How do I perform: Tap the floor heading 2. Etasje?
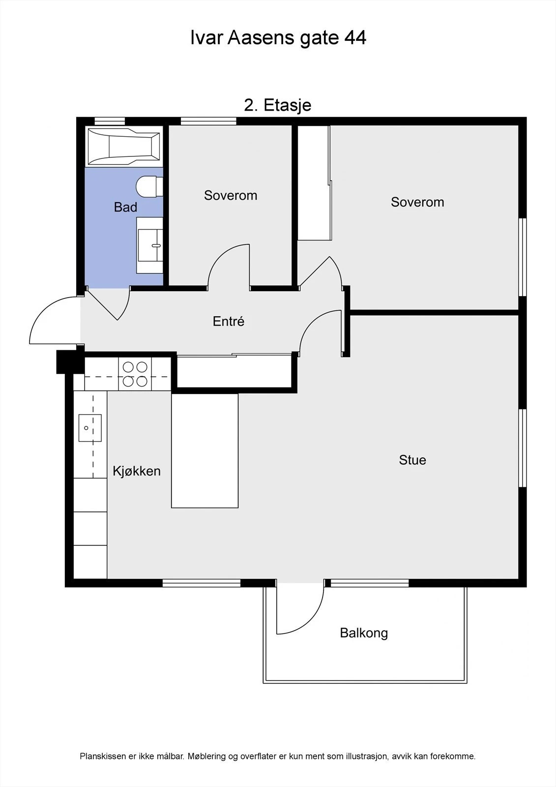[x=278, y=105]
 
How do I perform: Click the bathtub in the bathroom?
[x=123, y=146]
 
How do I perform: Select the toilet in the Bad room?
[x=149, y=186]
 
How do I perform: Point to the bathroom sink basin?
[x=150, y=245]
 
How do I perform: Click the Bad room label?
[x=125, y=207]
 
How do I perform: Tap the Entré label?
[x=228, y=321]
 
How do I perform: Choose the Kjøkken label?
[x=137, y=471]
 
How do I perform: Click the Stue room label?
[x=412, y=460]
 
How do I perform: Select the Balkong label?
[x=364, y=633]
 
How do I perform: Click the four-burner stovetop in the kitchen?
[x=135, y=374]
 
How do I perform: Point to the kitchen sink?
[x=90, y=428]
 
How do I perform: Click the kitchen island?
[x=205, y=451]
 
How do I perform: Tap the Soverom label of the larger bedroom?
[x=417, y=202]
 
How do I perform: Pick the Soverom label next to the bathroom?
[x=231, y=195]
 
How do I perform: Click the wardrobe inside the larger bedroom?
[x=314, y=182]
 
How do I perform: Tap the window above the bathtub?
[x=110, y=121]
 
